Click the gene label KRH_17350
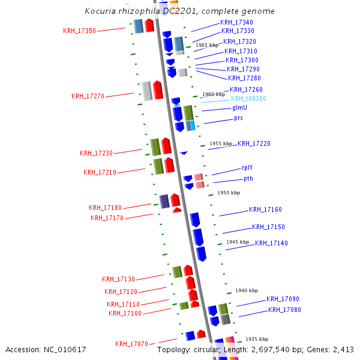pyautogui.click(x=79, y=31)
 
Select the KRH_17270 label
pyautogui.click(x=88, y=96)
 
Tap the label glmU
pyautogui.click(x=239, y=108)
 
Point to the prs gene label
pyautogui.click(x=238, y=118)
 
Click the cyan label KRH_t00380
pyautogui.click(x=248, y=98)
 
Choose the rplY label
pyautogui.click(x=247, y=168)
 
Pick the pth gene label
pyautogui.click(x=248, y=178)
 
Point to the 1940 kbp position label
pyautogui.click(x=246, y=290)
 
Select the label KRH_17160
pyautogui.click(x=265, y=210)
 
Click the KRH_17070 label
pyautogui.click(x=131, y=344)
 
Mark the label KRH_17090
pyautogui.click(x=283, y=299)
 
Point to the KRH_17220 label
pyautogui.click(x=254, y=143)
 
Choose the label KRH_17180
pyautogui.click(x=105, y=208)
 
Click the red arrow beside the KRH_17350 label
pyautogui.click(x=149, y=26)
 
